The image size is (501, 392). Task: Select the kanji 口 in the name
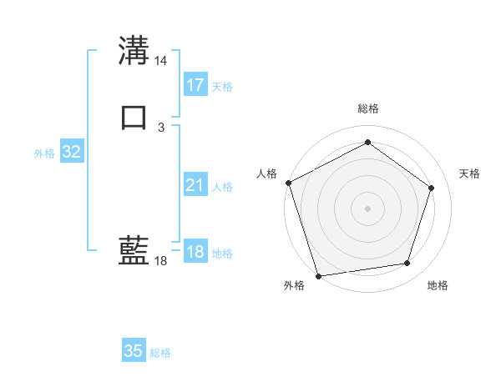point(134,117)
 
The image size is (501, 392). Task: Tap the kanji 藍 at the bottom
point(134,250)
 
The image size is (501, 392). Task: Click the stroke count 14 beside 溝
point(161,61)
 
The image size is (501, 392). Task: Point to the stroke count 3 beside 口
point(161,127)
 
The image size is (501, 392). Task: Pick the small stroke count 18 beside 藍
point(161,261)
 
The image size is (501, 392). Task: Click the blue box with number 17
point(195,84)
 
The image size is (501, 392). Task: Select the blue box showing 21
point(195,186)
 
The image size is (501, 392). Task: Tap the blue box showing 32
point(72,152)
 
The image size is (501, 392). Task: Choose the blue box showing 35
point(134,351)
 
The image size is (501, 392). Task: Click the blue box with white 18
point(195,252)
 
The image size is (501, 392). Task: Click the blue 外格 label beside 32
point(44,153)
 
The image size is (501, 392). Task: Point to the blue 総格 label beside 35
point(160,353)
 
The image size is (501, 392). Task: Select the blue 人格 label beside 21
point(222,188)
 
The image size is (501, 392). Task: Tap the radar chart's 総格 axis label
point(368,108)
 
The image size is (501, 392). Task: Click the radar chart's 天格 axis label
point(470,173)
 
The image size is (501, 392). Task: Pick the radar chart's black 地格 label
point(438,286)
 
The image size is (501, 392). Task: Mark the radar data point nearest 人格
point(288,183)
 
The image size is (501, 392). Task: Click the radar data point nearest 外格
point(318,274)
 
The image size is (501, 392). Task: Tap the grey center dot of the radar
point(367,208)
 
